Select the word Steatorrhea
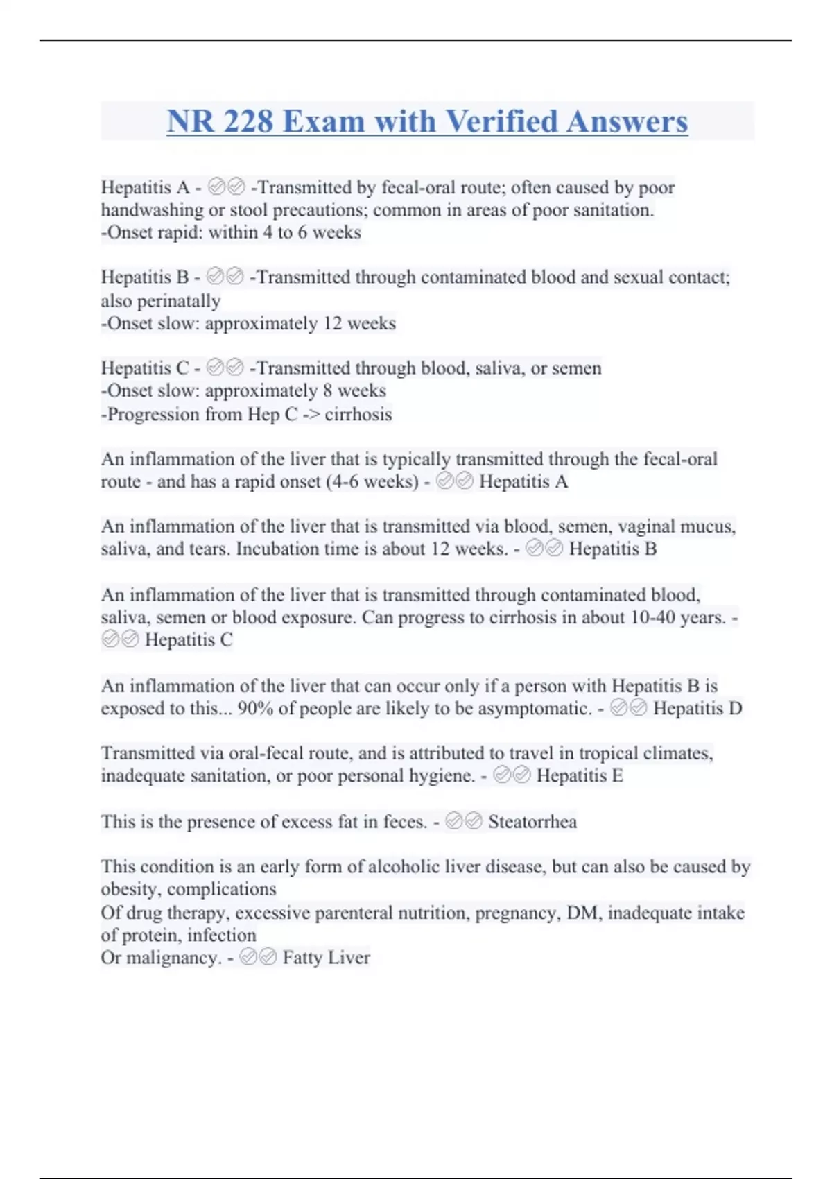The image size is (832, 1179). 532,822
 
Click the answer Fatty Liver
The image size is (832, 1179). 326,958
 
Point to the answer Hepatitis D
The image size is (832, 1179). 697,708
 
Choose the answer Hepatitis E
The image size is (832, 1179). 580,775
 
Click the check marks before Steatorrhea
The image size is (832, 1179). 463,822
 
